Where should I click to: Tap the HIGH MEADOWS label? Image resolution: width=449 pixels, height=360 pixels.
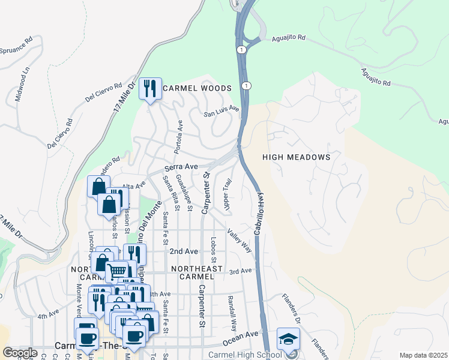297,157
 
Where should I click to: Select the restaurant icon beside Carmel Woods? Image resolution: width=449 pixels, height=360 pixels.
149,89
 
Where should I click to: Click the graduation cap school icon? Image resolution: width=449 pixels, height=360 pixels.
288,339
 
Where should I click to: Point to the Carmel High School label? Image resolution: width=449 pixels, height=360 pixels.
245,355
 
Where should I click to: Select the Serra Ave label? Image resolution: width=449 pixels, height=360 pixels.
181,166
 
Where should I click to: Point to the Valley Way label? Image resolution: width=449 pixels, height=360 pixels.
240,239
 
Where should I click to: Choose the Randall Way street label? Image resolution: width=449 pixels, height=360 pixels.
232,313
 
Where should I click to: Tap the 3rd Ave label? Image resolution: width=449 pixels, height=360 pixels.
240,271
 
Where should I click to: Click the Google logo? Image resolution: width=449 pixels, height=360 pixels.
20,352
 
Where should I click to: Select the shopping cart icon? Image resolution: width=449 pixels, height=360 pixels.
116,271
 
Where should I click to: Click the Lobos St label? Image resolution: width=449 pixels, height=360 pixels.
214,248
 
